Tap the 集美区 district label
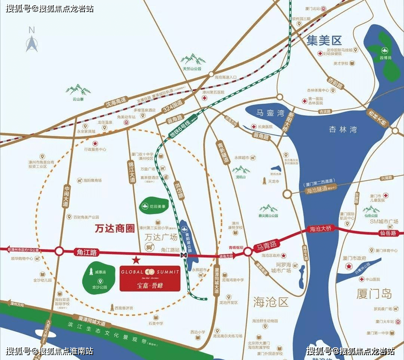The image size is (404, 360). click(324, 41)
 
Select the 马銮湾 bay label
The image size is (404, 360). click(270, 113)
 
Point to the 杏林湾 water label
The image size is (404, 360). click(343, 129)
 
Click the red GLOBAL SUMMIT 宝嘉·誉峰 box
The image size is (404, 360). click(150, 278)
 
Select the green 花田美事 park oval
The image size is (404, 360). click(153, 205)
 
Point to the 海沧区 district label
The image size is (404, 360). click(271, 302)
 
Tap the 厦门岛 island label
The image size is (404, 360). click(374, 294)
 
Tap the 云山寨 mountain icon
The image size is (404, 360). click(78, 89)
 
